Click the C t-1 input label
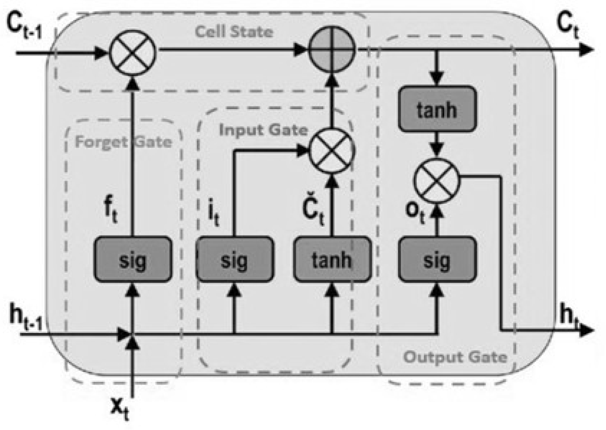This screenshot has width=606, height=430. pos(24,29)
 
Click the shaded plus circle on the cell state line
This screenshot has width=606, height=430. pos(332,50)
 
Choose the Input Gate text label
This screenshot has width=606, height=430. pos(263,130)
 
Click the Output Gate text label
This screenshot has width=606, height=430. pos(455,357)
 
